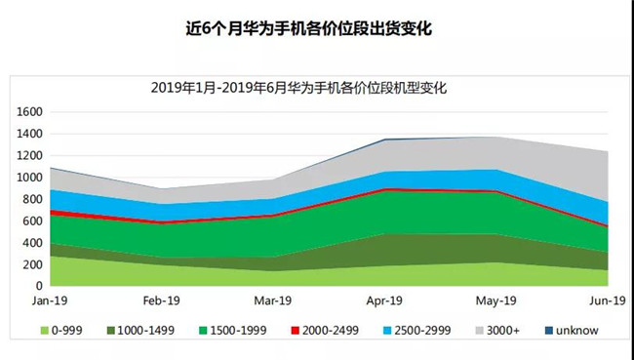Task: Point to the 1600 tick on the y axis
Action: [28, 112]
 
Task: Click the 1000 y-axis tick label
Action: [28, 178]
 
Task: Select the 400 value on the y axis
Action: [31, 243]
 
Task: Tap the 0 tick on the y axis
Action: [38, 286]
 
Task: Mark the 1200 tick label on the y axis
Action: [28, 156]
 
